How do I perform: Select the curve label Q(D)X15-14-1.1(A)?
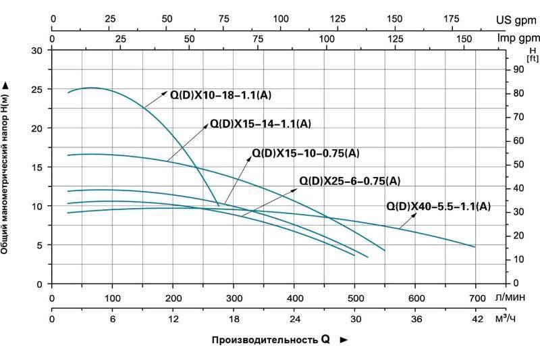pos(261,124)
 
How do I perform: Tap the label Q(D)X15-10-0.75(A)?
pos(305,153)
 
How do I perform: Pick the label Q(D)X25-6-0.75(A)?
pos(350,180)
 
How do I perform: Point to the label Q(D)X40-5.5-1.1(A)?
pos(438,206)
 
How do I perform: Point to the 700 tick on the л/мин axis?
pos(477,298)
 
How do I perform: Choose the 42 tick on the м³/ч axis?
pos(477,319)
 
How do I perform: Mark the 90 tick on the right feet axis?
pos(519,69)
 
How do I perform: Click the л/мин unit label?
pos(510,298)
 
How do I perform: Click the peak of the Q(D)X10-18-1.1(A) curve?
pos(93,88)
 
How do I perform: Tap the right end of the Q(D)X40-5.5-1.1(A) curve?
pos(475,247)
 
